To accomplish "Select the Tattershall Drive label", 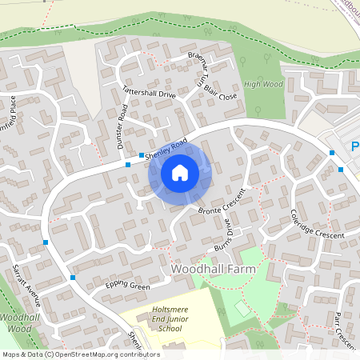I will (149, 94).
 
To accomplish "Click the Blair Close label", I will (221, 93).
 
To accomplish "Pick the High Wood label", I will (263, 84).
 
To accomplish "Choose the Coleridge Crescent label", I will (317, 224).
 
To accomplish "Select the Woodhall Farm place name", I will (213, 270).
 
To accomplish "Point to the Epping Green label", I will (127, 286).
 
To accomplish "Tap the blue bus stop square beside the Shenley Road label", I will (142, 155).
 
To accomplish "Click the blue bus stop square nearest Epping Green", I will (73, 278).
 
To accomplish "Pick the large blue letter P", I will (355, 146).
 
